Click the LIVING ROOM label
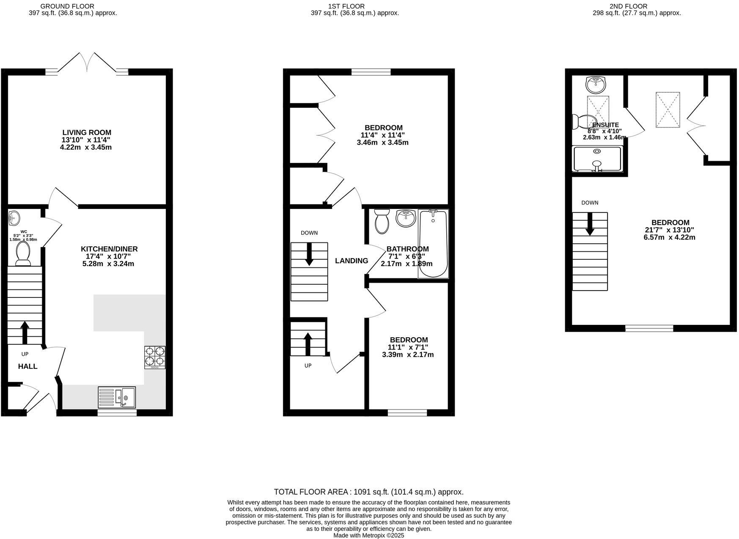coord(87,132)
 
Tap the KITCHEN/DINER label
coord(109,249)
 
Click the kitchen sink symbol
coord(117,397)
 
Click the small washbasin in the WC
coord(14,218)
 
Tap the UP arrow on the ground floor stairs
coord(25,332)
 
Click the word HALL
coord(27,366)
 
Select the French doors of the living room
coord(89,63)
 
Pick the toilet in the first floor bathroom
coord(382,220)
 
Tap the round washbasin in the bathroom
coord(406,218)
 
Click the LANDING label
coord(351,261)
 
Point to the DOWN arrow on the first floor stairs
coord(309,254)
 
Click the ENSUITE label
coord(605,125)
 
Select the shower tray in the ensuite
coord(597,159)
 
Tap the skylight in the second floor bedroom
coord(668,110)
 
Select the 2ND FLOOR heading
coord(628,6)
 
